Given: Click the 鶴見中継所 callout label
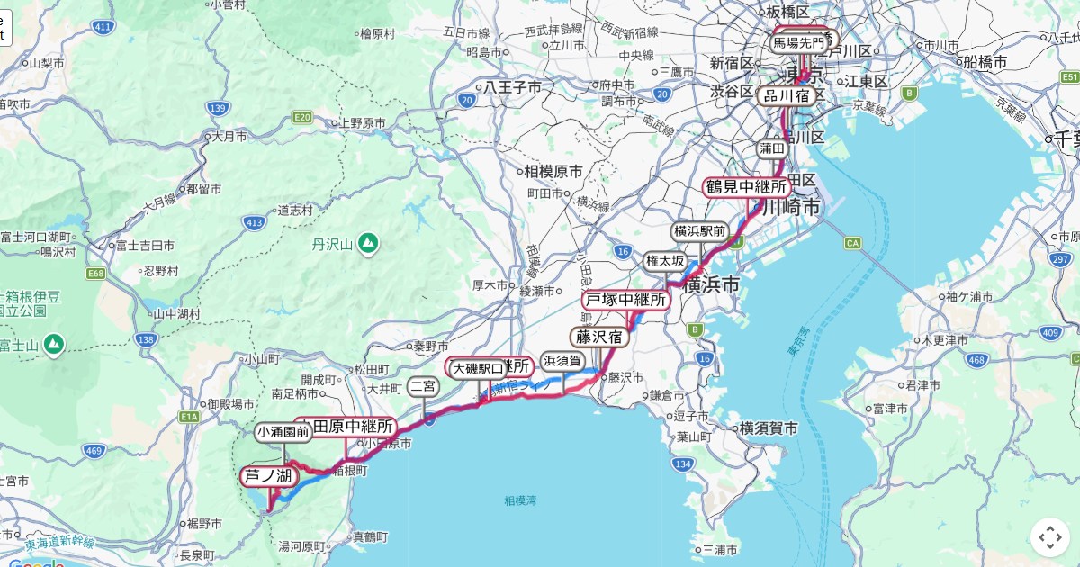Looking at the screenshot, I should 747,187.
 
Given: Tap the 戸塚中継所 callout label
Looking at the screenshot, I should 626,300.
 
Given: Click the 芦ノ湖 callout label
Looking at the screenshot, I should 267,476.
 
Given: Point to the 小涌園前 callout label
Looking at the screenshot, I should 283,432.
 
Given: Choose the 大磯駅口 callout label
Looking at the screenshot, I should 477,368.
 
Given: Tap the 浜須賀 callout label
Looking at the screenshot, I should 562,362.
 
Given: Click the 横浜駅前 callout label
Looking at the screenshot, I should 700,231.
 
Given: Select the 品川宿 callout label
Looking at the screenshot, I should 788,94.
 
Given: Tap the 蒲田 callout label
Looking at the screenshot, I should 772,148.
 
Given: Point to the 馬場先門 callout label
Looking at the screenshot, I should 797,41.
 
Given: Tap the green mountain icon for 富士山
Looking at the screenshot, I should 54,343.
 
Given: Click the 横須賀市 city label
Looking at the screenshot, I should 767,429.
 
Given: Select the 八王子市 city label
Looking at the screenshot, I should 513,87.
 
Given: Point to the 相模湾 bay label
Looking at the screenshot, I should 520,499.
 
